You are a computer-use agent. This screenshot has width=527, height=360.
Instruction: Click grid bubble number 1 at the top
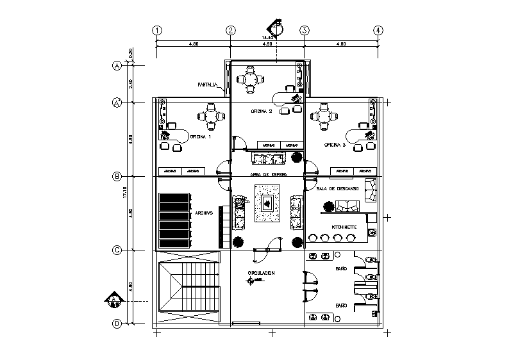156,30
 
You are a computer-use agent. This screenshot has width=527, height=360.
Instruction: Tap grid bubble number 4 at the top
379,30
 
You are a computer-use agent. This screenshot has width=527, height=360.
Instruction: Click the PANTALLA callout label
207,85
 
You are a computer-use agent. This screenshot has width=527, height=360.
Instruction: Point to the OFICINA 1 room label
199,136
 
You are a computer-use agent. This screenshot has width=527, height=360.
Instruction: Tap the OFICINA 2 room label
262,111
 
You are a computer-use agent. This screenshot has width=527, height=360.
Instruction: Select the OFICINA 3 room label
335,145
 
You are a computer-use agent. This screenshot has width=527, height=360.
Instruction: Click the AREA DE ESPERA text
268,174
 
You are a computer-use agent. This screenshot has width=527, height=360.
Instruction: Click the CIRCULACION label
261,273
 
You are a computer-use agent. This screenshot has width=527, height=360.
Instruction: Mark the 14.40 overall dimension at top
267,38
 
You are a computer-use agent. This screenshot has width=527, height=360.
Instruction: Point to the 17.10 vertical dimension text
125,192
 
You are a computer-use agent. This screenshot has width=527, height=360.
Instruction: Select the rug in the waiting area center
267,204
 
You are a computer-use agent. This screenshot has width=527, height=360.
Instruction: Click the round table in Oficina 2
249,79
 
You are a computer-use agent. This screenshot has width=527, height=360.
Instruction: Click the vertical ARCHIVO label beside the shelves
205,213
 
